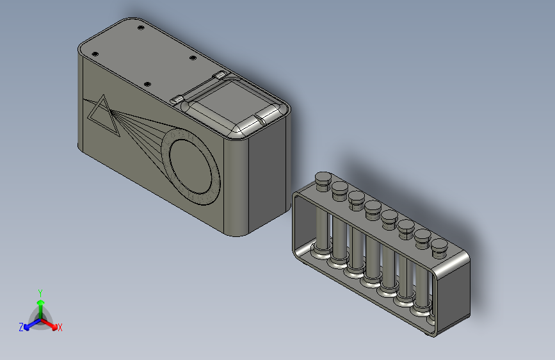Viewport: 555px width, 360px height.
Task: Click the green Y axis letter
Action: click(40, 292)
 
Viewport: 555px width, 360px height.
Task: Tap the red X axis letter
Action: click(60, 328)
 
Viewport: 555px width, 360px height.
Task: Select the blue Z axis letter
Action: click(21, 327)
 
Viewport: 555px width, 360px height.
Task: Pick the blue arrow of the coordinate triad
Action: click(29, 325)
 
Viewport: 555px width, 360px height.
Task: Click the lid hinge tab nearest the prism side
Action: click(177, 100)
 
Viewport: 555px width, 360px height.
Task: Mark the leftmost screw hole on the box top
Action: click(94, 53)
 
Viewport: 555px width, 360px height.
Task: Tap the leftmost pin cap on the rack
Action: click(322, 178)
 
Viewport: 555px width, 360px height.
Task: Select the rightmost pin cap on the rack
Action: click(439, 245)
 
